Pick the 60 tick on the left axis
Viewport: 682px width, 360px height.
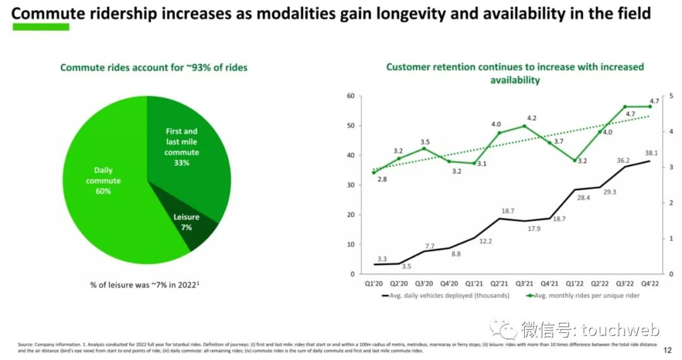point(351,96)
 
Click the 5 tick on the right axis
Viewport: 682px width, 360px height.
point(671,96)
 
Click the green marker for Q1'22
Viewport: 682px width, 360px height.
point(575,160)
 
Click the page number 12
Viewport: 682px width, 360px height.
point(668,349)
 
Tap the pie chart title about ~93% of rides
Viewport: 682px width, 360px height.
point(153,67)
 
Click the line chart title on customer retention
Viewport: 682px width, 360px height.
point(515,73)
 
